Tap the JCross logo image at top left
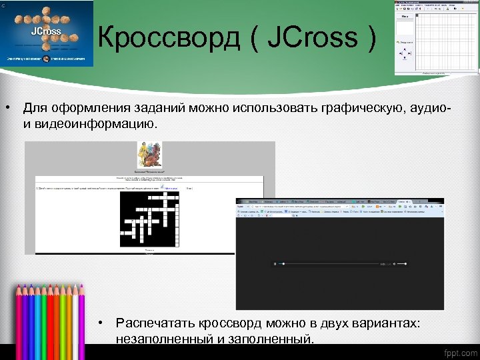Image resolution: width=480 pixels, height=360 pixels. coord(47,33)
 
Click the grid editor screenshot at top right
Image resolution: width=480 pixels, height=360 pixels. coord(436,38)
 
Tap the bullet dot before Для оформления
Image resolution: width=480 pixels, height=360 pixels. coord(9,107)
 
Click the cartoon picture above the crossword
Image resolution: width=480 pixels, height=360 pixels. coord(149,155)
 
